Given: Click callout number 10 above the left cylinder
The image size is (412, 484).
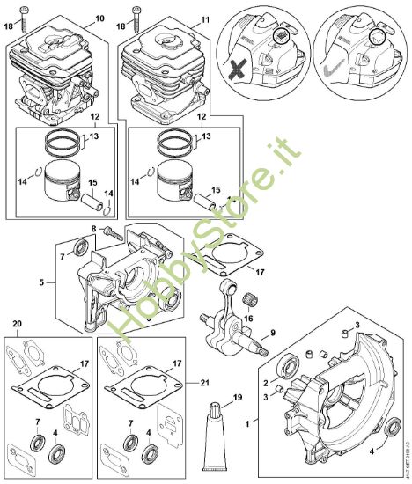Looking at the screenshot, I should (x=99, y=18).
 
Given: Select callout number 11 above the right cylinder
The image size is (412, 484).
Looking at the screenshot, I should (x=205, y=18).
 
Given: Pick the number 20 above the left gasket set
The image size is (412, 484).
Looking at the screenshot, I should (x=18, y=325).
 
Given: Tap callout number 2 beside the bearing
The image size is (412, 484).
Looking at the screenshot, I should (x=265, y=382).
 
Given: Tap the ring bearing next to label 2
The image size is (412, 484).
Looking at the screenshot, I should (x=287, y=365).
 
